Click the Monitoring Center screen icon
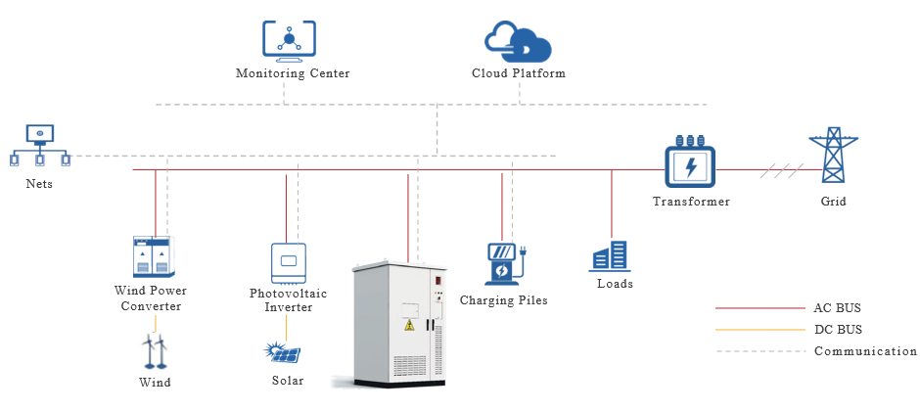(x=290, y=39)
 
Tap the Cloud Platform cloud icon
(x=518, y=42)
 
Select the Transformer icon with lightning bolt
(x=691, y=165)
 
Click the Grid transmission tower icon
(x=833, y=159)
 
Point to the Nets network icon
(x=40, y=146)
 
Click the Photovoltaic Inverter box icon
(x=288, y=262)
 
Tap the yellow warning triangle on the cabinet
(x=409, y=325)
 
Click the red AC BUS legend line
(x=759, y=308)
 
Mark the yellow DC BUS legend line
(x=759, y=330)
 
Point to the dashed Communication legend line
(x=759, y=351)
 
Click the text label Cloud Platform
(x=518, y=73)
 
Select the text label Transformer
(x=691, y=202)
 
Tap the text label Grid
(x=833, y=202)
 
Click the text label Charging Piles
(x=504, y=300)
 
